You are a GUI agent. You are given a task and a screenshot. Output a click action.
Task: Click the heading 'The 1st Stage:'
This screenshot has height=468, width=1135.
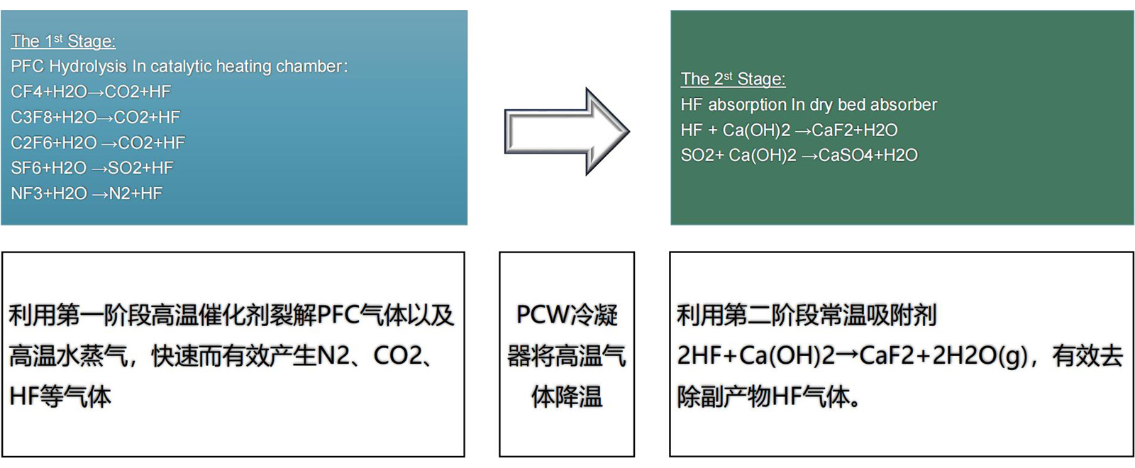pos(63,41)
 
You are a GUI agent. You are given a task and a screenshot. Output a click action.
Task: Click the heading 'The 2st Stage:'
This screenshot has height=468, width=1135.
pos(733,79)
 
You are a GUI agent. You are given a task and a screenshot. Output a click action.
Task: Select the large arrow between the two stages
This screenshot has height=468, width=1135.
pos(566,131)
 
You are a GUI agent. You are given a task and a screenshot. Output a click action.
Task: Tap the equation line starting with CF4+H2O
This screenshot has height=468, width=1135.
pos(91,91)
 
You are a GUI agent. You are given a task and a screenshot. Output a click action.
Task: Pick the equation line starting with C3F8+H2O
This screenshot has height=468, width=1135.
pos(95,117)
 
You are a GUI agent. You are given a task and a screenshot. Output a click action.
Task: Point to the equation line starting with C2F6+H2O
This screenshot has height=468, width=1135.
pos(98,143)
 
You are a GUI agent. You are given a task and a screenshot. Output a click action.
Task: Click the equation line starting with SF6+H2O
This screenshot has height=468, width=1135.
pos(92,168)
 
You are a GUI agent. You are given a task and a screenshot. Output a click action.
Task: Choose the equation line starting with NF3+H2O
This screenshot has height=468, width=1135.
pos(87,194)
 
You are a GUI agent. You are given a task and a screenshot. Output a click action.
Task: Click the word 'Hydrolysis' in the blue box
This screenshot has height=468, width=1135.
pos(88,67)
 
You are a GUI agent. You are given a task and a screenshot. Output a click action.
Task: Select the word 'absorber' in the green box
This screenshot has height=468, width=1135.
pos(904,105)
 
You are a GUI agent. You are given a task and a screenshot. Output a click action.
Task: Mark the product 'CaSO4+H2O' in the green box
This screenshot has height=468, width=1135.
pos(868,155)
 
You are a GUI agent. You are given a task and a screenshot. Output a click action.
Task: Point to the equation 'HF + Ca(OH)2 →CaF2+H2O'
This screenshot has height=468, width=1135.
pos(789,130)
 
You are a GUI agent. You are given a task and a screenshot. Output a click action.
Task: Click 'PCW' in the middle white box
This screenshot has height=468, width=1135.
pos(543,315)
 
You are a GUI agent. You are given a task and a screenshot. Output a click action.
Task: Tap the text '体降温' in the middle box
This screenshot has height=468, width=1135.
pos(567,396)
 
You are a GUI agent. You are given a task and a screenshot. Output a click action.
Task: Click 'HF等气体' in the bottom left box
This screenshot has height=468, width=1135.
pos(60,396)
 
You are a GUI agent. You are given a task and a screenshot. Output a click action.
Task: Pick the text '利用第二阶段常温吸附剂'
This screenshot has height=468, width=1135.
pos(807,315)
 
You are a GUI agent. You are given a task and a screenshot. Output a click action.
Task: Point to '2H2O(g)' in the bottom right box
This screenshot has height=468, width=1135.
pos(979,355)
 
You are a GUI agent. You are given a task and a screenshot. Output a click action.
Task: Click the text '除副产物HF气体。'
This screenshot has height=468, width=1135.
pos(769,396)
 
